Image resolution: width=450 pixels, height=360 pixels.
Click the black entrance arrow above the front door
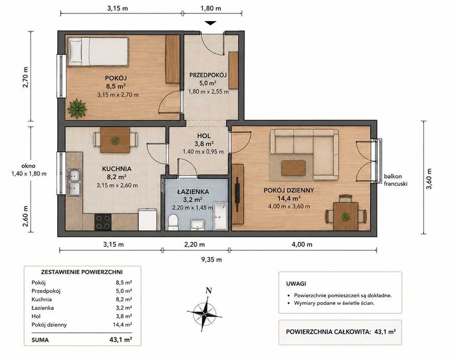210,23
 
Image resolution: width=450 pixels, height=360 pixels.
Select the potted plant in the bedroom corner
77,109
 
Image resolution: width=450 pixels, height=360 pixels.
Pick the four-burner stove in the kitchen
103,222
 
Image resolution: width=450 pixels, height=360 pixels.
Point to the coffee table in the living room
293,168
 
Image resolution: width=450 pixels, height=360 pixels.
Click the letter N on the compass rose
209,290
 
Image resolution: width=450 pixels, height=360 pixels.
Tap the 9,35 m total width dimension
212,260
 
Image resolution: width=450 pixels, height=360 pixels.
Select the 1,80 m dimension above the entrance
211,8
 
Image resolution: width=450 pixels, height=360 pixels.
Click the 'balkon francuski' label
395,180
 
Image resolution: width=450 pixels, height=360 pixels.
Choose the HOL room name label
204,136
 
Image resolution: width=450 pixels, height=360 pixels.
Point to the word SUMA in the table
40,340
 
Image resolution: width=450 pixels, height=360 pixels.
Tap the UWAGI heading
296,284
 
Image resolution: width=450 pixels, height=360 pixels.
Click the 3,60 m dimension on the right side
429,179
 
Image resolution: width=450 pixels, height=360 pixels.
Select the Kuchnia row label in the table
42,299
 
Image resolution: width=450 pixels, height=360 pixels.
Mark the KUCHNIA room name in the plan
116,169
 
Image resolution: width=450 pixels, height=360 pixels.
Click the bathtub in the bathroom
220,216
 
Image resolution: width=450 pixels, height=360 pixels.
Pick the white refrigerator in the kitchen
148,220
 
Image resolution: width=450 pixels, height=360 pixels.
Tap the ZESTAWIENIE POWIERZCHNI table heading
82,272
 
